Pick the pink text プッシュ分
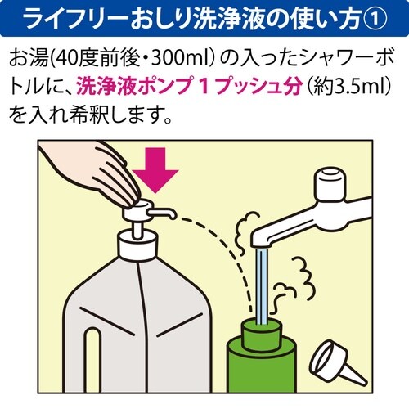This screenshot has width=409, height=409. (x=245, y=84)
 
